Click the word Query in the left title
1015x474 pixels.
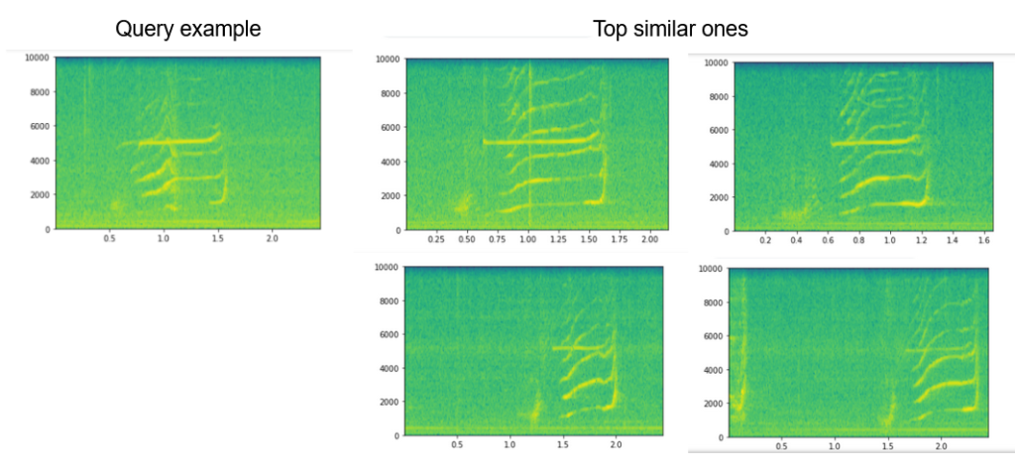pyautogui.click(x=141, y=29)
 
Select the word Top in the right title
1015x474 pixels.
pyautogui.click(x=611, y=30)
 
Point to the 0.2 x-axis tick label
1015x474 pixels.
pyautogui.click(x=766, y=241)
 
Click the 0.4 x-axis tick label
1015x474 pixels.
pyautogui.click(x=797, y=241)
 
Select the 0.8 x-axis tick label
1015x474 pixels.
pyautogui.click(x=859, y=241)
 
